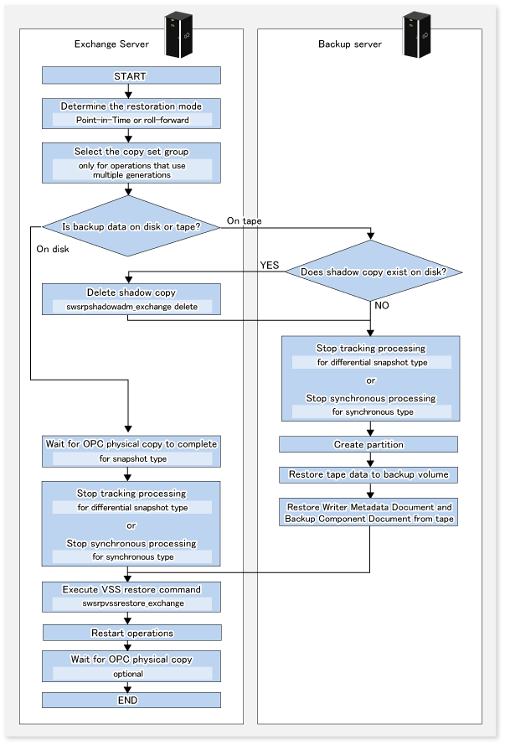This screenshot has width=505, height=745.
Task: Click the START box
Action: click(x=131, y=75)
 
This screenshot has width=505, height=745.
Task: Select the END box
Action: click(x=131, y=700)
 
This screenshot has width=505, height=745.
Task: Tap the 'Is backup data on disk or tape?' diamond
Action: click(x=131, y=226)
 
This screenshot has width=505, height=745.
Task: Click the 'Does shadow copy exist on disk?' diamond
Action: click(x=374, y=272)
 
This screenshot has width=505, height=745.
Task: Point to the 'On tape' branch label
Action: click(x=244, y=220)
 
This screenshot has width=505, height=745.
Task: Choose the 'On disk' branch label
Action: click(x=53, y=249)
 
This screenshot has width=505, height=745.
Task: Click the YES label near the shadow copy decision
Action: click(x=270, y=265)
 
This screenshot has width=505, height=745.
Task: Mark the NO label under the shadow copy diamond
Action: click(x=382, y=305)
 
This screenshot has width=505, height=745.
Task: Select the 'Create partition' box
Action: click(x=368, y=444)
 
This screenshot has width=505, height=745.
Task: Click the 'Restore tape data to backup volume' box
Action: click(x=368, y=474)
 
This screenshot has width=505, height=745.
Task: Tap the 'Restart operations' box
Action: click(x=132, y=633)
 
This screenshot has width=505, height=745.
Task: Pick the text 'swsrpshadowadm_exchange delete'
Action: click(x=132, y=307)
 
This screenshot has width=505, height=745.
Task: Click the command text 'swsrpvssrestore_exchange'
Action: click(x=133, y=603)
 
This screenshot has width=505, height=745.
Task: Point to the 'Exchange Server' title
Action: click(x=111, y=44)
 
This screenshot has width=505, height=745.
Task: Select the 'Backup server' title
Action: click(x=350, y=44)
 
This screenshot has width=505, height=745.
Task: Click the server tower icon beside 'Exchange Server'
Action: click(x=178, y=36)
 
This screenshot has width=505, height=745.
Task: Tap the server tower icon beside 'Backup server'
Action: click(x=416, y=36)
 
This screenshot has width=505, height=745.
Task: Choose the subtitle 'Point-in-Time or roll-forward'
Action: click(x=132, y=120)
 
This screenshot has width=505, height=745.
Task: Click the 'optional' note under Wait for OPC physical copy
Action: click(x=128, y=674)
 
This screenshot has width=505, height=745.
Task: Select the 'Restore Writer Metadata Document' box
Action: click(x=368, y=512)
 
